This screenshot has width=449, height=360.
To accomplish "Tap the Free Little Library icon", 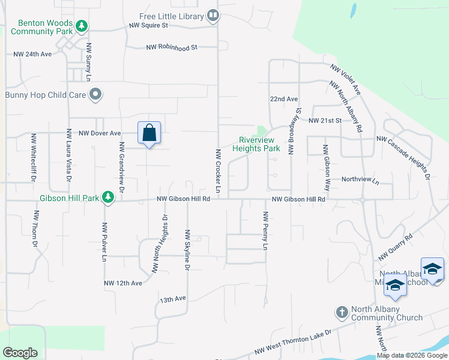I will [x=212, y=15].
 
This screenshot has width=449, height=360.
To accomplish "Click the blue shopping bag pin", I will [x=149, y=133].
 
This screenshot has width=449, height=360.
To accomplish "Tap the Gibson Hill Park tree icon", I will [x=107, y=197].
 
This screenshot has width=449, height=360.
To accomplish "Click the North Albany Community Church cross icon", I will [x=342, y=312].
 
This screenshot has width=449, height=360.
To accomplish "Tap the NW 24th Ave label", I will [x=33, y=54].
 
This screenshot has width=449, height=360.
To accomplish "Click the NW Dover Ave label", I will [x=100, y=133].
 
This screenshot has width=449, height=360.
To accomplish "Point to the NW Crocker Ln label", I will [x=218, y=172].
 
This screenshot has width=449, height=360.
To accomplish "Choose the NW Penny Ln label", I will [x=264, y=230].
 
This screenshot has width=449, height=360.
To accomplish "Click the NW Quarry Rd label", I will [x=395, y=247].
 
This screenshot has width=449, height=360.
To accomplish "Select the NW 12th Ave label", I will [x=122, y=283].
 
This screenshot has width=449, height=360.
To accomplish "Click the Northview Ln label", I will [x=360, y=179].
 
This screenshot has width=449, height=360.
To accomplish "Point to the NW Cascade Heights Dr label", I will [x=403, y=157].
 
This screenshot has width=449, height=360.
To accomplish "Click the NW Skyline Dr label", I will [x=187, y=250].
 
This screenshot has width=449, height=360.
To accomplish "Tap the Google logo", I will [x=20, y=352].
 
